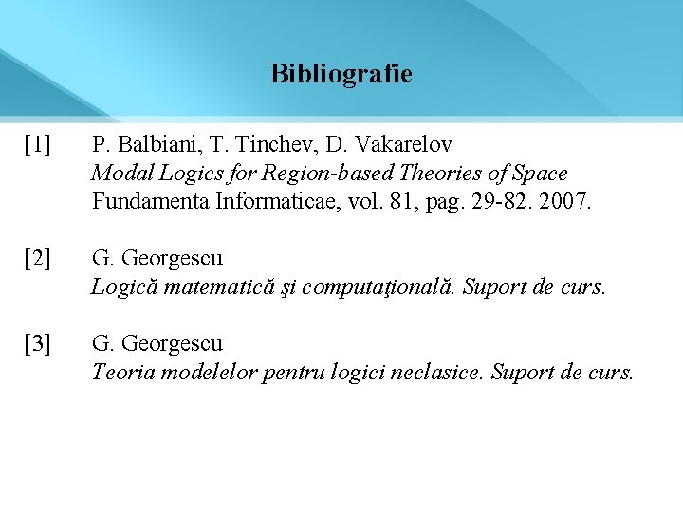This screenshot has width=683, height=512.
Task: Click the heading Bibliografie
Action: point(341,74)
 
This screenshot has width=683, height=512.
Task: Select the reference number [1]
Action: point(39,145)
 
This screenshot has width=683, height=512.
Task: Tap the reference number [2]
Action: point(39,258)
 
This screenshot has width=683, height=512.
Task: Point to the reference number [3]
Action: point(39,343)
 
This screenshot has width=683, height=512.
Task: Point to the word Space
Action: point(539,174)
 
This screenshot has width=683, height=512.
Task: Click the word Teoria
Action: point(123,372)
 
